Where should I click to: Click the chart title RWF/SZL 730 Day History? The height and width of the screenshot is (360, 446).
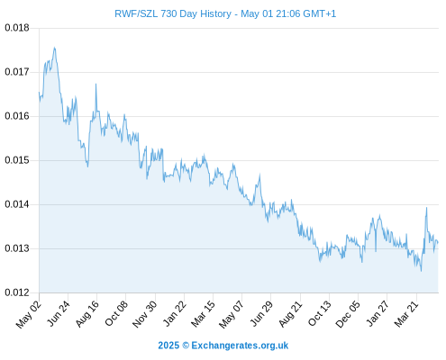point(173,13)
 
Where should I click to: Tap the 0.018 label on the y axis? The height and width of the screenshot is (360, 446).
point(17,28)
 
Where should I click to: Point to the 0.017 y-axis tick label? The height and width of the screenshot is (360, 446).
point(17,72)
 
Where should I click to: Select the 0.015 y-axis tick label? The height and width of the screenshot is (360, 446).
point(17,160)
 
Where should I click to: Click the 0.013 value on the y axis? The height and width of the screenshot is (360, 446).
point(17,248)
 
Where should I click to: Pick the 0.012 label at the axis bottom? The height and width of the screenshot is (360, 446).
point(17,292)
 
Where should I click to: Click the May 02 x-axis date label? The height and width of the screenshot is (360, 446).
point(28,314)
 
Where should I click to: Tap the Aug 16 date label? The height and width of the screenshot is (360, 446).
point(86,313)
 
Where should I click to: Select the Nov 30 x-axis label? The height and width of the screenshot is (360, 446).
point(144,314)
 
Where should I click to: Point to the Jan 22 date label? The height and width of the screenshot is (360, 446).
point(175,313)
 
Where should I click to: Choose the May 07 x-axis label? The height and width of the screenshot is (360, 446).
point(231,314)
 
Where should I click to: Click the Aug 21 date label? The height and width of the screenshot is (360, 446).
point(290,313)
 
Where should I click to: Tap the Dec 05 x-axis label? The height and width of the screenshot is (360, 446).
point(348,314)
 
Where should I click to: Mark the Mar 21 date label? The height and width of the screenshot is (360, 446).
point(406,313)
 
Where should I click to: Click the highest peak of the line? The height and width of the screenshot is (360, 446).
point(54,48)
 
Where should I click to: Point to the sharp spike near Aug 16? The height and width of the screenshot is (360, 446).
point(96,84)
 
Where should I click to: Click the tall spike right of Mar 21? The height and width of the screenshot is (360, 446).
point(426,208)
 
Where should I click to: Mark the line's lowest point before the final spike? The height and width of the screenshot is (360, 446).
point(421,271)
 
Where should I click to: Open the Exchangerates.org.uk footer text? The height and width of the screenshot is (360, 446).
point(240,346)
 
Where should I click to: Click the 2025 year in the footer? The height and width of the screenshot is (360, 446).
point(168,346)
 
